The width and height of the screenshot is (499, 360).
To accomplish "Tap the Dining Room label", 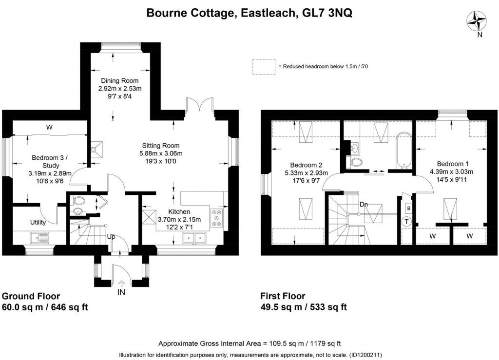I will coord(119,81).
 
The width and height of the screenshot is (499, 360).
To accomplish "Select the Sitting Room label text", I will coord(161,146).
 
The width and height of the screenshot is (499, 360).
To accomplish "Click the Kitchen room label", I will coord(179,212).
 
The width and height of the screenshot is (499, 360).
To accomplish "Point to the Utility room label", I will coord(38,223).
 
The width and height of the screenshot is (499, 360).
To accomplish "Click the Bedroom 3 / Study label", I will coord(51,158).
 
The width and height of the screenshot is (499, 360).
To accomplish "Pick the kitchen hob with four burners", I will coord(217,217).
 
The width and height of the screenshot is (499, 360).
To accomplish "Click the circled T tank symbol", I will coord(407,222).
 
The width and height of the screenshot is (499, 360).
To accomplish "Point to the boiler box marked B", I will coord(408,208).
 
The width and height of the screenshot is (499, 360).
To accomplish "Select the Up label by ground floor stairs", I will coord(111,236).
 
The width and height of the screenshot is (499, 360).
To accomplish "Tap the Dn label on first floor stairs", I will coord(364,205).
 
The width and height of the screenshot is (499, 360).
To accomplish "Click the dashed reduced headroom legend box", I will coord(263,67).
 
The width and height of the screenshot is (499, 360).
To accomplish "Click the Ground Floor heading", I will coord(31,296).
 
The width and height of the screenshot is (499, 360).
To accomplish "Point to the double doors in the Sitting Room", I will coord(200,105).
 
